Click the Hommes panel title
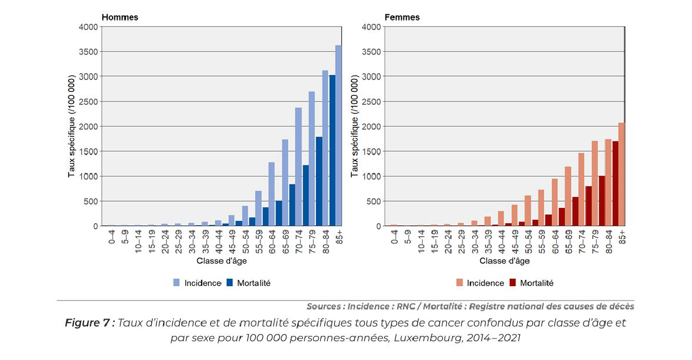(x=119, y=17)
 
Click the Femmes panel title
(x=402, y=17)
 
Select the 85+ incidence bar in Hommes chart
(x=339, y=136)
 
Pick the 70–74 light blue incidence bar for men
(x=298, y=167)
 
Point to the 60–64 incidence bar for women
(x=555, y=202)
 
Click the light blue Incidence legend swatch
(x=177, y=283)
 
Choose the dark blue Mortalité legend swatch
(x=230, y=283)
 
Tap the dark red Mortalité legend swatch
(x=512, y=283)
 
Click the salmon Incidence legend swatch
(x=460, y=283)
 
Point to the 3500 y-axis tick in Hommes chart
(x=89, y=52)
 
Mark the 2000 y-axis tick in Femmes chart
(x=372, y=126)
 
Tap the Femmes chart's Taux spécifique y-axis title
(x=355, y=126)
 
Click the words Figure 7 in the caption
(x=90, y=323)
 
